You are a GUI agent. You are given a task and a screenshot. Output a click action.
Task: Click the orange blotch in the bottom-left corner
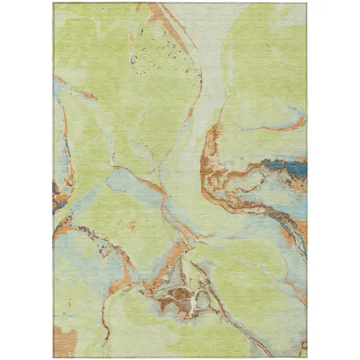pos(64,340)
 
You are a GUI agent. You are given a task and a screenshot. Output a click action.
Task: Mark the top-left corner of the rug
pos(54,3)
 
